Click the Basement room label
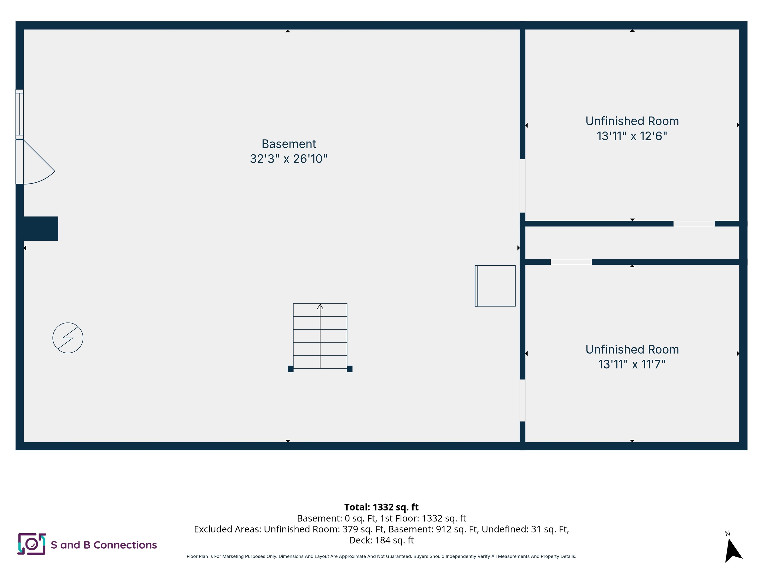tap(289, 144)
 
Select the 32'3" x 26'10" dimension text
tap(289, 159)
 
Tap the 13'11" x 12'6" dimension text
tap(632, 136)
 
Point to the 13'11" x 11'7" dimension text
tap(632, 364)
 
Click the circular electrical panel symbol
tap(68, 338)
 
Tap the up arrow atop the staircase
tap(320, 307)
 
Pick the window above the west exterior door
tap(20, 114)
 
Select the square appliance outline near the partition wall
tap(495, 286)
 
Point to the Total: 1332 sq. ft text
tap(381, 507)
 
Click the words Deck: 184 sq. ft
tap(381, 540)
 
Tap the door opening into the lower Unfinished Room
tap(523, 400)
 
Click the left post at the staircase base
tap(291, 369)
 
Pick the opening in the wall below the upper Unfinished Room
tap(694, 224)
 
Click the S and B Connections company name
tap(104, 545)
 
